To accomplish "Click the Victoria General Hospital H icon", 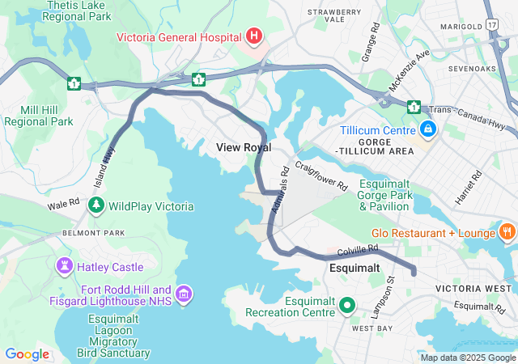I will pyautogui.click(x=254, y=36).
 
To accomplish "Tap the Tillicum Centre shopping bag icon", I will pyautogui.click(x=427, y=129).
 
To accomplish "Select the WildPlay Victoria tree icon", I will pyautogui.click(x=96, y=206).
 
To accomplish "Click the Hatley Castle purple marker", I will pyautogui.click(x=65, y=266).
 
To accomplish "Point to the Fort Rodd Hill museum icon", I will pyautogui.click(x=184, y=295).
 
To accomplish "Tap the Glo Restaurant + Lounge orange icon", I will pyautogui.click(x=507, y=233).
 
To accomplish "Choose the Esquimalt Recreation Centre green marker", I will pyautogui.click(x=348, y=306).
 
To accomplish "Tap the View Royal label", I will pyautogui.click(x=244, y=147).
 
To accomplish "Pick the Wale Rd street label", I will pyautogui.click(x=63, y=205).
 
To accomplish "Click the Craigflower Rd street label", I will pyautogui.click(x=321, y=174).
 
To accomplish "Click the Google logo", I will pyautogui.click(x=27, y=353).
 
